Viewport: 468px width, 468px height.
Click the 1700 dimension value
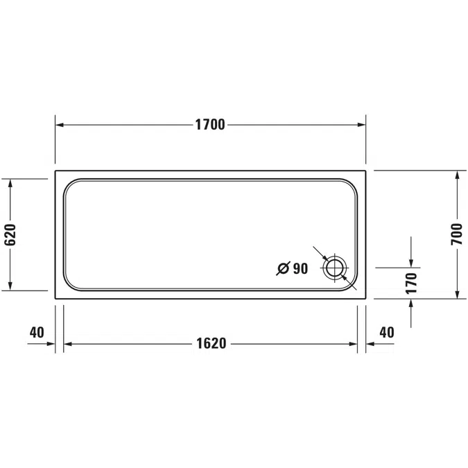[209, 125]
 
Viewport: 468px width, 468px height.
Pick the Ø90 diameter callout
[292, 268]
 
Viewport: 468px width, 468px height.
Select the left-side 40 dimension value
[37, 333]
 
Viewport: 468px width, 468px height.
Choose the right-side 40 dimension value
[386, 333]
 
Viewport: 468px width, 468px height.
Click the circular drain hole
[335, 268]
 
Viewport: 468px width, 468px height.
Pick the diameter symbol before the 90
[283, 268]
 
